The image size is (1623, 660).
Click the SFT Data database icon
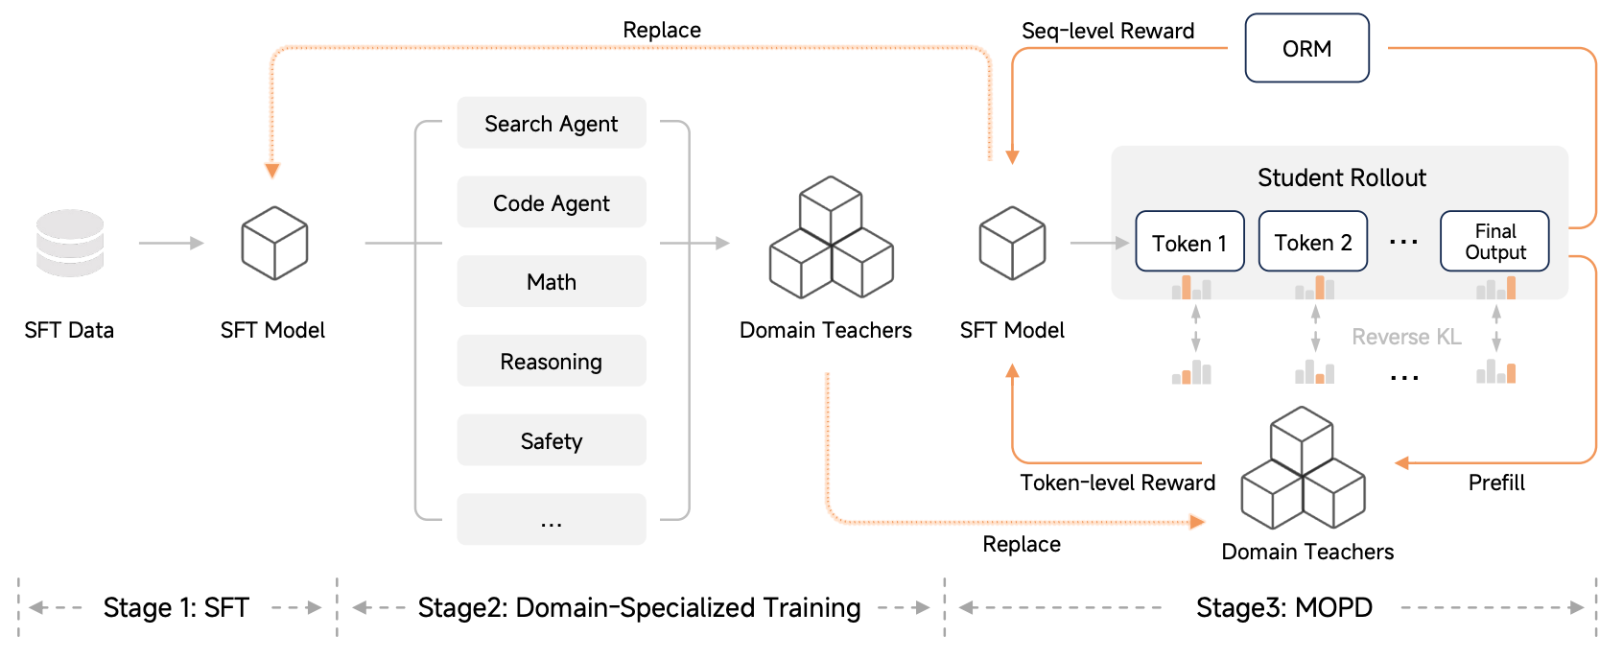click(70, 243)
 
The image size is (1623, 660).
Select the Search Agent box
click(552, 123)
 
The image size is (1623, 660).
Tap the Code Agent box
click(552, 202)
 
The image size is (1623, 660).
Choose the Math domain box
click(552, 282)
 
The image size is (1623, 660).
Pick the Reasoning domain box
click(552, 362)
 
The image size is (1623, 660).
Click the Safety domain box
click(552, 440)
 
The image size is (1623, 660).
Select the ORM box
click(1306, 48)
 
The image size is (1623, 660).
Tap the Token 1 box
click(1189, 242)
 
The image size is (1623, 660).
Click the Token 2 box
click(1312, 242)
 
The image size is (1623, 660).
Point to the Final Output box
click(1494, 242)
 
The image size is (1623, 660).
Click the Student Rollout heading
click(1341, 177)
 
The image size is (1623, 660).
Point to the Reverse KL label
click(1406, 337)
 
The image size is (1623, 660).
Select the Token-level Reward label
click(1117, 483)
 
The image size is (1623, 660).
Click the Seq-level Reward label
click(1108, 31)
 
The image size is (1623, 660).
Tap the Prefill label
click(1496, 483)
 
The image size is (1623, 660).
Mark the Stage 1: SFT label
click(176, 607)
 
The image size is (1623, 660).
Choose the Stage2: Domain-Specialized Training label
click(639, 607)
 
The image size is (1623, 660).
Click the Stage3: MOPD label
click(1283, 607)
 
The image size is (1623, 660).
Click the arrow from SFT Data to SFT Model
click(171, 244)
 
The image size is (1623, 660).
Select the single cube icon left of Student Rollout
click(1012, 243)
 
